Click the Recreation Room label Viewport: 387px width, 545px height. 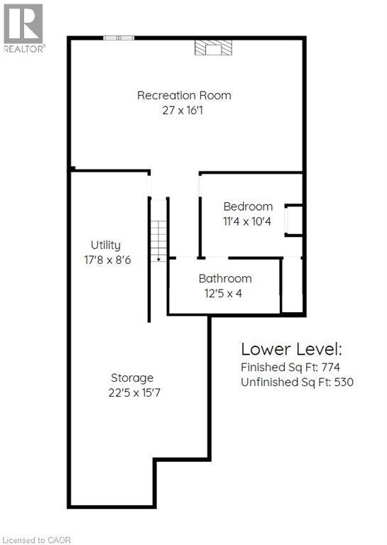(x=184, y=95)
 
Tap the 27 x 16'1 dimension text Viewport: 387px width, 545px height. (x=182, y=111)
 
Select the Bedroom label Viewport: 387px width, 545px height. (x=248, y=207)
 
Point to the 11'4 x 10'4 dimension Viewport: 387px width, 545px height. (x=247, y=221)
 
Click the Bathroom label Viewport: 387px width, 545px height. (x=225, y=278)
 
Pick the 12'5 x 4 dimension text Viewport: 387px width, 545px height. (x=223, y=294)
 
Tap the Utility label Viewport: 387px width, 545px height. (x=106, y=246)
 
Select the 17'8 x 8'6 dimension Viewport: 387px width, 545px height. (x=107, y=260)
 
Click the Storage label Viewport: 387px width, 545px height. (x=132, y=378)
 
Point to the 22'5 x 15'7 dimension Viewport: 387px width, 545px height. (x=134, y=392)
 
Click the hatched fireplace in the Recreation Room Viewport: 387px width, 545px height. (x=213, y=48)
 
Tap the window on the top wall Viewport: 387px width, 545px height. (x=119, y=38)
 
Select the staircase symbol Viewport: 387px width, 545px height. (x=158, y=240)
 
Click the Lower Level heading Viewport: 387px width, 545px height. (x=291, y=349)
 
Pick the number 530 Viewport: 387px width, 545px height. (x=344, y=382)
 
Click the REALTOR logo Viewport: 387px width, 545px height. (x=23, y=28)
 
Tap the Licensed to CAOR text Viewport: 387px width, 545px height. (x=36, y=540)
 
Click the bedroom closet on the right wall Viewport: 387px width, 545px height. (x=294, y=221)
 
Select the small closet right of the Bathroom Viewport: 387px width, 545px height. (x=292, y=285)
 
